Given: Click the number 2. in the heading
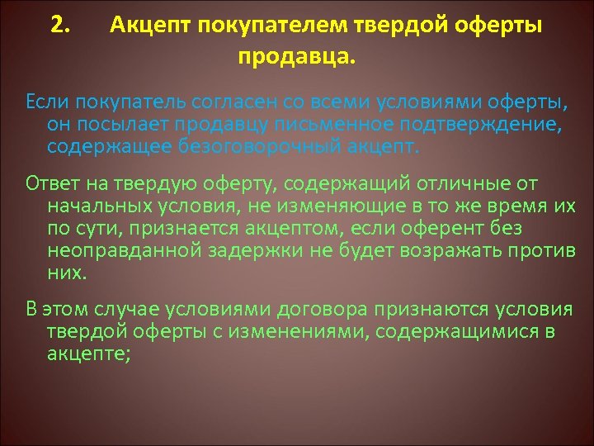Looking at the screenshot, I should pos(59,25).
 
